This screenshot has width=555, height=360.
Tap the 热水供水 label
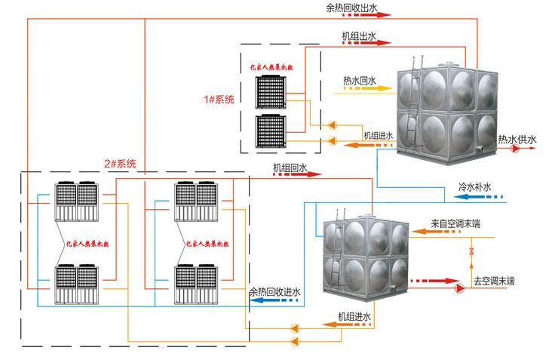point(517,139)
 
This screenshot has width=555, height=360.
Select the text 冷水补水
point(474,186)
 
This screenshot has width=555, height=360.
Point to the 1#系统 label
point(219,100)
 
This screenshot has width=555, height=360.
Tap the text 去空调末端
point(493,281)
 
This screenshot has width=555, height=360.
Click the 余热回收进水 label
point(274,292)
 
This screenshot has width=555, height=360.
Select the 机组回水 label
point(290,166)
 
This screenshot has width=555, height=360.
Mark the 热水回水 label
point(360,79)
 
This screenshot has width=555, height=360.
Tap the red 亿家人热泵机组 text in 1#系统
point(272,67)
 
